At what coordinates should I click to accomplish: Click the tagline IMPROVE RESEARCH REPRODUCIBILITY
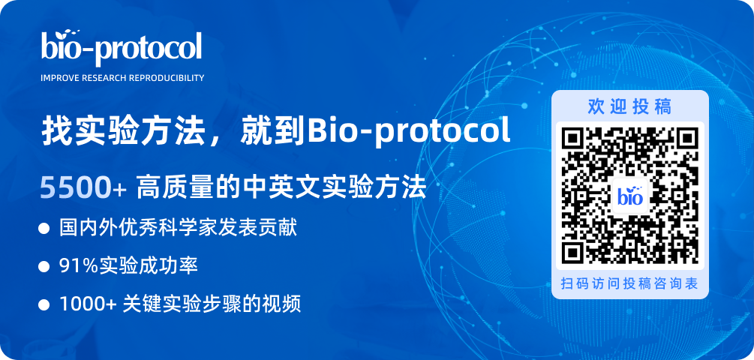click(x=122, y=78)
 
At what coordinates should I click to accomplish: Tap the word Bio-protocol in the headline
click(x=409, y=130)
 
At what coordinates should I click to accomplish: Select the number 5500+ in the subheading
click(x=83, y=187)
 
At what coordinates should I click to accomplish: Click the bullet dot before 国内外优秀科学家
click(x=44, y=229)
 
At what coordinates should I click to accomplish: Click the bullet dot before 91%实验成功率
click(x=44, y=266)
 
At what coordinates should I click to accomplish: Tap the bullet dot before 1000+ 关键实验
click(x=44, y=304)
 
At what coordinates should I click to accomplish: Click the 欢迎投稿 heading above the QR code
click(x=629, y=106)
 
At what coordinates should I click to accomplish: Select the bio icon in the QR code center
click(x=630, y=196)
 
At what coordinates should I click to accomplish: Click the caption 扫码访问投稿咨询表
click(x=629, y=283)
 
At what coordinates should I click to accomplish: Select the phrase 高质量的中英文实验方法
click(x=281, y=187)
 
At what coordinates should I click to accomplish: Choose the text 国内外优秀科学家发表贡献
click(x=179, y=229)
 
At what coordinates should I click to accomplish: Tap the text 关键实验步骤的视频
click(x=212, y=304)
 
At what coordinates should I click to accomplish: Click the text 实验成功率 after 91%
click(x=149, y=266)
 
